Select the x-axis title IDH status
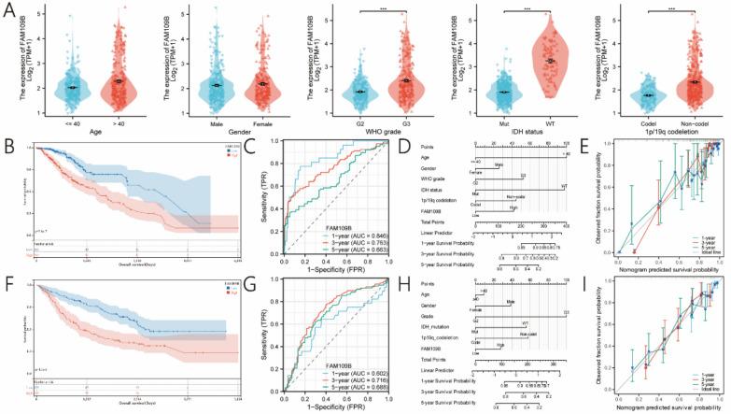pyautogui.click(x=527, y=132)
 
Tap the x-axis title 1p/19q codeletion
pyautogui.click(x=668, y=132)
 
